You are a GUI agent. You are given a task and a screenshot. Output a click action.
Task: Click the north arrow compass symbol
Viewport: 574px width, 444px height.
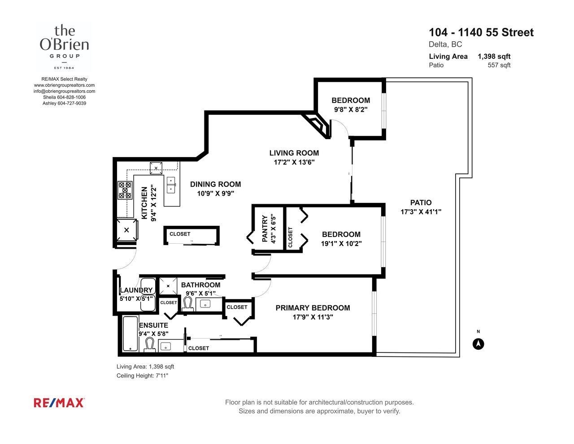point(478,344)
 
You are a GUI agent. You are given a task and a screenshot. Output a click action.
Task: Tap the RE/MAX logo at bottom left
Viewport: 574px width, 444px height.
point(59,403)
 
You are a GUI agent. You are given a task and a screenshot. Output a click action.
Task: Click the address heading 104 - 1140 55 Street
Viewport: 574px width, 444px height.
point(481,32)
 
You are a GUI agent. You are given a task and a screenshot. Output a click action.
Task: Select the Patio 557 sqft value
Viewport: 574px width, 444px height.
point(499,65)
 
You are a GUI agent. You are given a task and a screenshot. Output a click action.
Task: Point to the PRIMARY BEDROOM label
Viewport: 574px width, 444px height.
point(313,308)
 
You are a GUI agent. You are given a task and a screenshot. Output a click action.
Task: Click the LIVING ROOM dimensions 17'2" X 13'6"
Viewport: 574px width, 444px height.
point(294,162)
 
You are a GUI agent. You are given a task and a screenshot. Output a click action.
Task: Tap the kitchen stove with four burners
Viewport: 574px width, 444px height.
point(125,190)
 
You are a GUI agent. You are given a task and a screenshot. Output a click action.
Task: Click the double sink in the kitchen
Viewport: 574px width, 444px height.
point(171,185)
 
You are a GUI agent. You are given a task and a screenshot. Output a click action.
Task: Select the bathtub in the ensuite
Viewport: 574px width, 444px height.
point(130,334)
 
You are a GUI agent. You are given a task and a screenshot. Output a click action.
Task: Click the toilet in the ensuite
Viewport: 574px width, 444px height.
point(150,345)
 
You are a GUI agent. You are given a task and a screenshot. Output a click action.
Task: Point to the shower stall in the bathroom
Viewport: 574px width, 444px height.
point(168,286)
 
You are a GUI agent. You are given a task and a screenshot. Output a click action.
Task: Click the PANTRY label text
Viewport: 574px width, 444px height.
point(265,229)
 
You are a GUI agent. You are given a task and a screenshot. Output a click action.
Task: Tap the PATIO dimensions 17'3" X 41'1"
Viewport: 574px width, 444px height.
point(421,212)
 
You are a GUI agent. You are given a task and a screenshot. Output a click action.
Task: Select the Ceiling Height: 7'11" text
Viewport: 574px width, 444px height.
point(142,375)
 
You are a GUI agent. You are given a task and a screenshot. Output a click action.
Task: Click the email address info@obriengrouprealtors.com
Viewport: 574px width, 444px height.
point(64,91)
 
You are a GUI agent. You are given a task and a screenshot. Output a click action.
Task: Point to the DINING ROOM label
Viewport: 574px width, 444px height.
point(216,185)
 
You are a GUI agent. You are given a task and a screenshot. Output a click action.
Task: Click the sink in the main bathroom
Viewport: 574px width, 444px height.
point(205,304)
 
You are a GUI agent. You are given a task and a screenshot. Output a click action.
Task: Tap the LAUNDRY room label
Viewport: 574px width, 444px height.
point(136,290)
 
